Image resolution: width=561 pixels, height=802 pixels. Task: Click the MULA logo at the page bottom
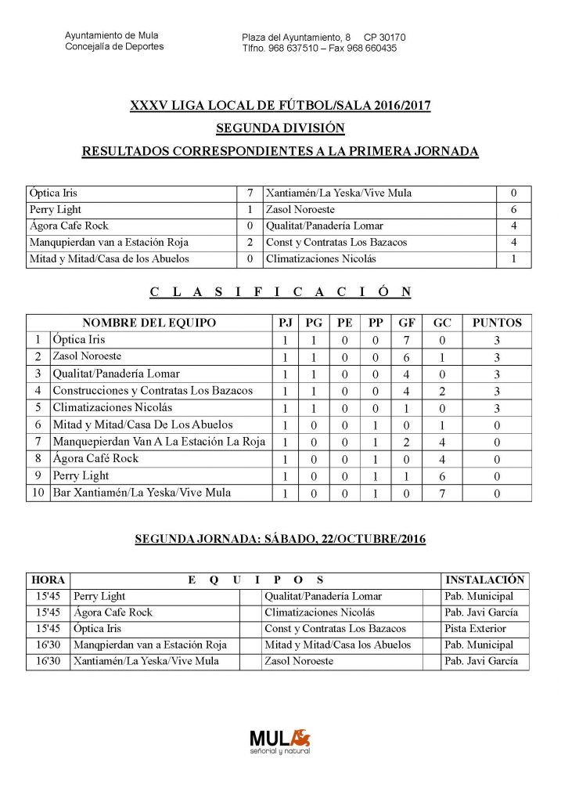tap(280, 740)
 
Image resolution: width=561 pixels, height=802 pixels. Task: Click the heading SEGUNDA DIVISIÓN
tap(280, 128)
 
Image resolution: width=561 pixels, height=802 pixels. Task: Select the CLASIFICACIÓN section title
tap(280, 292)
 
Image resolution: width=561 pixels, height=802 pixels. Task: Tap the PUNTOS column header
tap(497, 323)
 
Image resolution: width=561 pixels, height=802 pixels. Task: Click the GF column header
tap(407, 323)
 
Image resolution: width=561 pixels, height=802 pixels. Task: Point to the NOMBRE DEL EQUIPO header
tap(149, 323)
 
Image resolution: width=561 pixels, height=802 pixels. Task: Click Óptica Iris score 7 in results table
tap(249, 193)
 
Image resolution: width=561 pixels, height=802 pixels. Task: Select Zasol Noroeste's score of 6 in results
tap(514, 209)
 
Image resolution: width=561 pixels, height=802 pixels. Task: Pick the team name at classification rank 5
tap(113, 408)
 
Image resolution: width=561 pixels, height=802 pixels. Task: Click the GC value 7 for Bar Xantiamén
tap(442, 493)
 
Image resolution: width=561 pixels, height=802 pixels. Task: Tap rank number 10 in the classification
tap(37, 493)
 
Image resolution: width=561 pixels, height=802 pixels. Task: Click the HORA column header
tap(49, 580)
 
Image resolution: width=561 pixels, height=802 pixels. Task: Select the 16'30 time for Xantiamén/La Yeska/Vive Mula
tap(49, 662)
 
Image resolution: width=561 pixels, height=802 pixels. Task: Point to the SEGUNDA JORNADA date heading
tap(280, 540)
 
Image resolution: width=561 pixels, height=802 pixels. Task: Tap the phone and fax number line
tap(319, 48)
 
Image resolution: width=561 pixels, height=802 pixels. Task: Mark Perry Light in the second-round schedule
tap(99, 597)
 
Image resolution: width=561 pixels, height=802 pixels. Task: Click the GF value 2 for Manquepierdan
tap(407, 443)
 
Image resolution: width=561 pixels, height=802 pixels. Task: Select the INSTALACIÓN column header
tap(484, 580)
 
